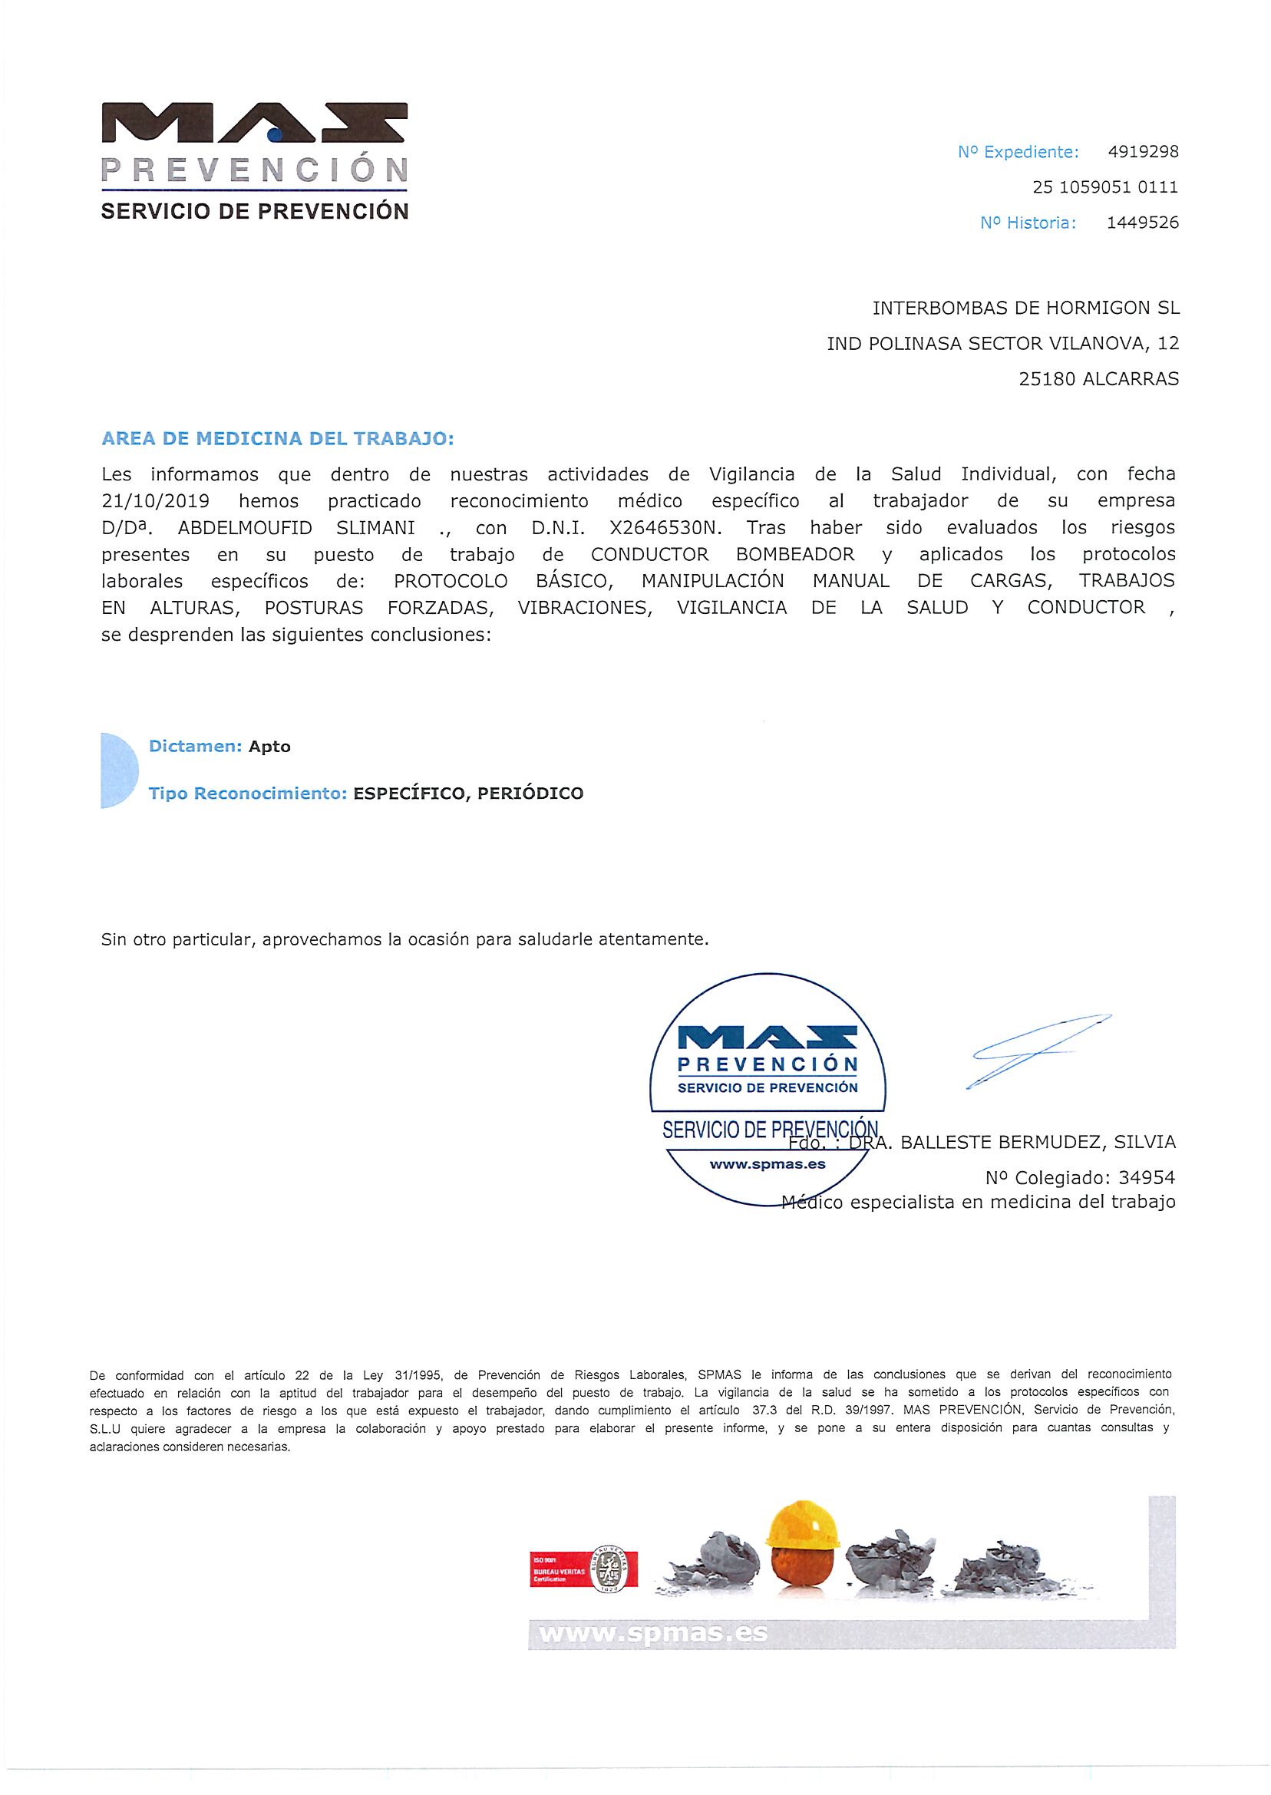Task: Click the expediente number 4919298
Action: point(1143,152)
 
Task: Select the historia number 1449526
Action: point(1142,223)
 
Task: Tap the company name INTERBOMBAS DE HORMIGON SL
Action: point(1025,309)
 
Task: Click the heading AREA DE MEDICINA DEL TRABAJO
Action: point(277,439)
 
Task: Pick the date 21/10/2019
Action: point(156,502)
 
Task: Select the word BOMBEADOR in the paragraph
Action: point(795,555)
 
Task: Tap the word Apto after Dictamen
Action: point(270,747)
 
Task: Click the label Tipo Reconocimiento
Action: point(247,794)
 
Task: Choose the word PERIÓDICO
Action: point(530,794)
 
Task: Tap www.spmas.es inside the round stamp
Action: point(767,1164)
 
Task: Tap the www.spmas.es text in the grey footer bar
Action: point(652,1633)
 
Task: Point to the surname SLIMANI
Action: point(375,528)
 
